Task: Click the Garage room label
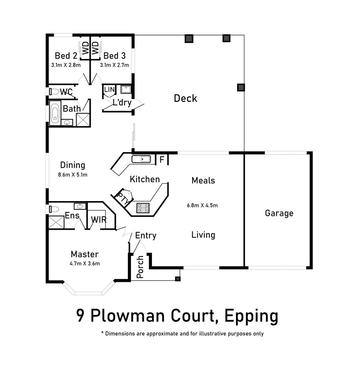[x=279, y=213]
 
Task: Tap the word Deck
[x=185, y=98]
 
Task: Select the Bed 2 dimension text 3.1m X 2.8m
[x=66, y=65]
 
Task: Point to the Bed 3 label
[x=114, y=56]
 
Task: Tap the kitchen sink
[x=141, y=159]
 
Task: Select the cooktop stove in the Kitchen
[x=144, y=208]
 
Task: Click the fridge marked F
[x=162, y=160]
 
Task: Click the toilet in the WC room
[x=54, y=91]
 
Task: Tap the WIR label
[x=99, y=220]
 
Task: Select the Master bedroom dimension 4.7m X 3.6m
[x=84, y=263]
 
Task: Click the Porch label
[x=140, y=267]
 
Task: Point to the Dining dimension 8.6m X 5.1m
[x=72, y=174]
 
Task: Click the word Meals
[x=203, y=181]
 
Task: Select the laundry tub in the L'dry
[x=126, y=89]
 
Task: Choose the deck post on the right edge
[x=241, y=87]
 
